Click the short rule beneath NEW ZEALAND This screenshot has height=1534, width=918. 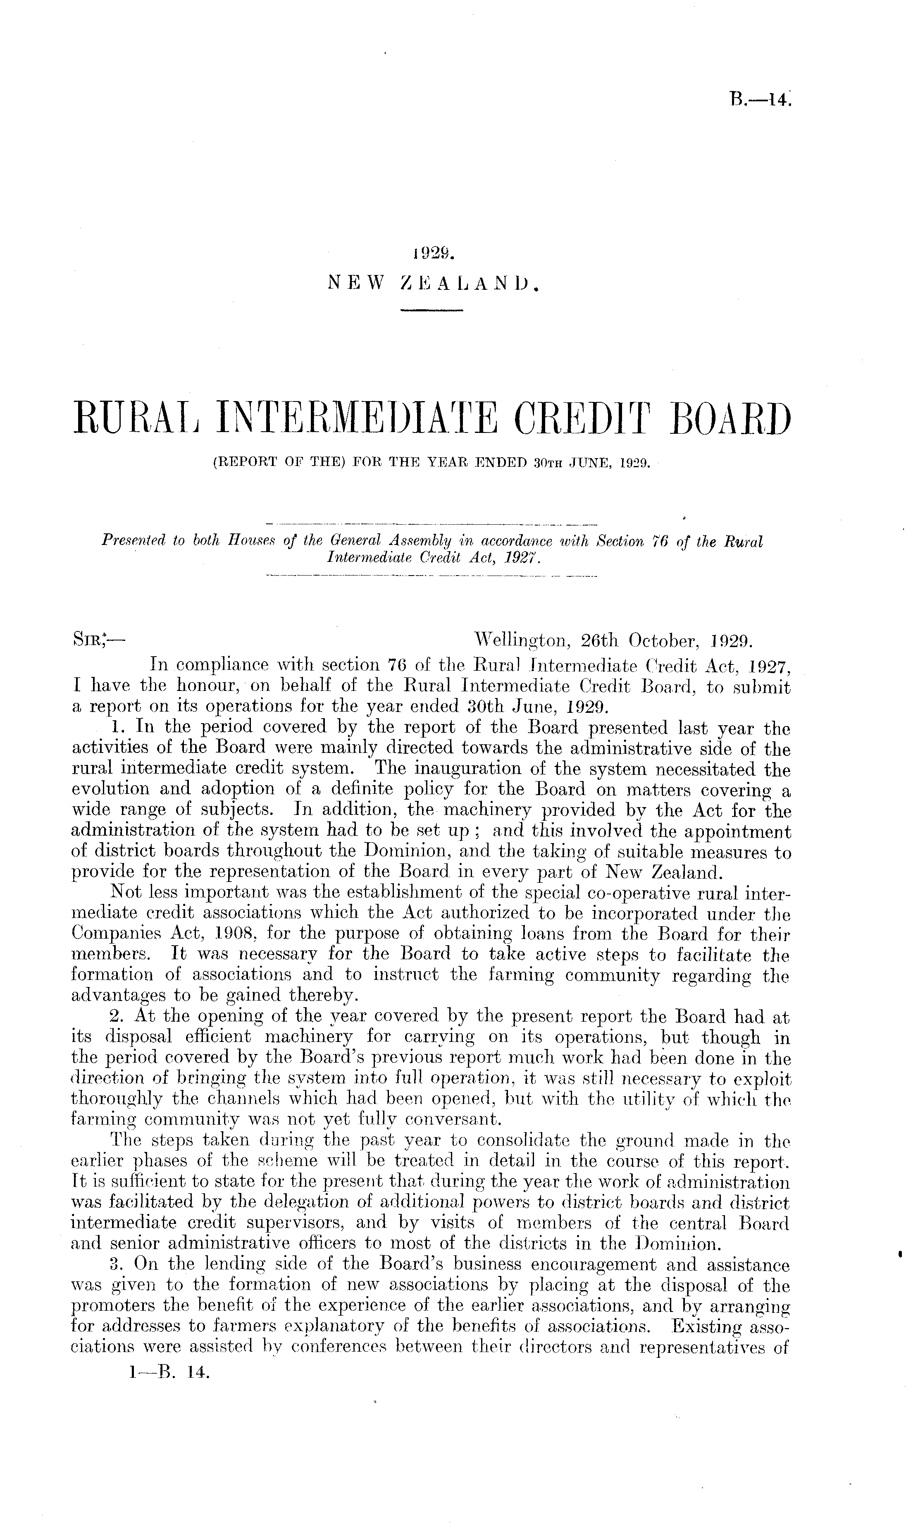click(432, 309)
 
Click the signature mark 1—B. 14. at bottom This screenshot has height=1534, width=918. click(167, 1387)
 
